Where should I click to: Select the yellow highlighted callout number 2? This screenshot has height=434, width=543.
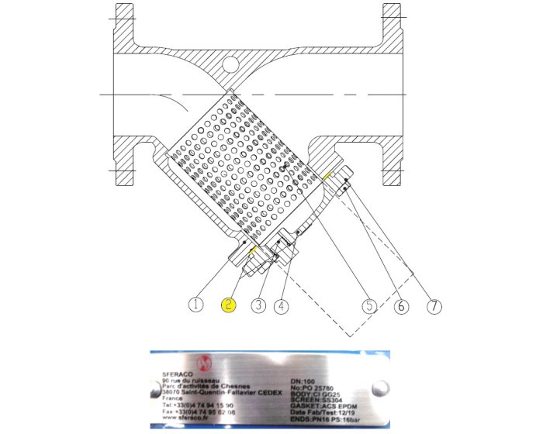229,305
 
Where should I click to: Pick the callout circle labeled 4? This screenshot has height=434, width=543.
281,305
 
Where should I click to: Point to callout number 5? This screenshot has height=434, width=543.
371,305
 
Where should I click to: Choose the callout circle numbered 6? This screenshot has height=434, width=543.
401,305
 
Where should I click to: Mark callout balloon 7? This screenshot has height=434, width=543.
434,305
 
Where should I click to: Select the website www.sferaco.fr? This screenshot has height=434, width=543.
185,418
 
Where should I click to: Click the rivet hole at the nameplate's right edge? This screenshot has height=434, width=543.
379,388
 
